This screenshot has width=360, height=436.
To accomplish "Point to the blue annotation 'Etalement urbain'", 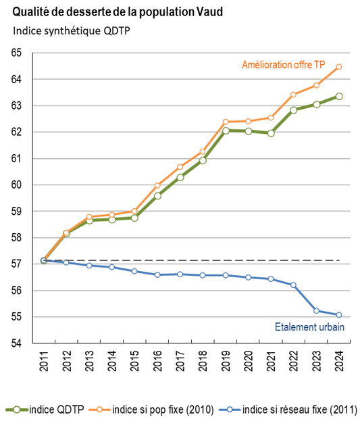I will pos(309,327).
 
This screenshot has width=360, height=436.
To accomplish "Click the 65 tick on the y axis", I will pos(16,53).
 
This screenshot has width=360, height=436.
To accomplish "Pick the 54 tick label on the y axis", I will pos(16,343).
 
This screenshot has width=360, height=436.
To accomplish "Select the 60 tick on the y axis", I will pos(16,185).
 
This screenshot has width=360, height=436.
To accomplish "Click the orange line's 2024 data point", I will pos(339,66).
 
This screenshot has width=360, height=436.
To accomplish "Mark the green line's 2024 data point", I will pos(339,96).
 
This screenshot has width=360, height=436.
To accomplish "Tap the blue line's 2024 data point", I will pos(339,315).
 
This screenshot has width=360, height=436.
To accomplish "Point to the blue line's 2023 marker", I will pos(316,310).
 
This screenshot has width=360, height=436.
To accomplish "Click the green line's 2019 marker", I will pos(226,130).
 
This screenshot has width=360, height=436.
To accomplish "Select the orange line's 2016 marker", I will pos(157,185).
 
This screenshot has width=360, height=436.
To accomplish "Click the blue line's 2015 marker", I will pos(134,271).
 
